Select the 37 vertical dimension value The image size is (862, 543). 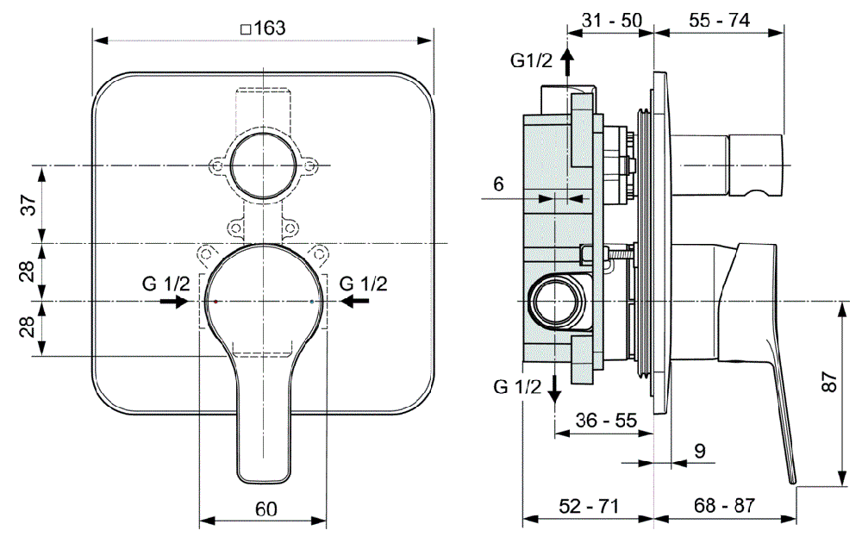tap(28, 206)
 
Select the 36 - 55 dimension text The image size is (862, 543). tap(606, 421)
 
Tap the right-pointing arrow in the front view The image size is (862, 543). tap(175, 302)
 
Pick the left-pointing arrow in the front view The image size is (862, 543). tap(354, 302)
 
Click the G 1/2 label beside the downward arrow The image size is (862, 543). tap(517, 387)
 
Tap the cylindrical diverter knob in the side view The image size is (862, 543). tap(757, 165)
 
